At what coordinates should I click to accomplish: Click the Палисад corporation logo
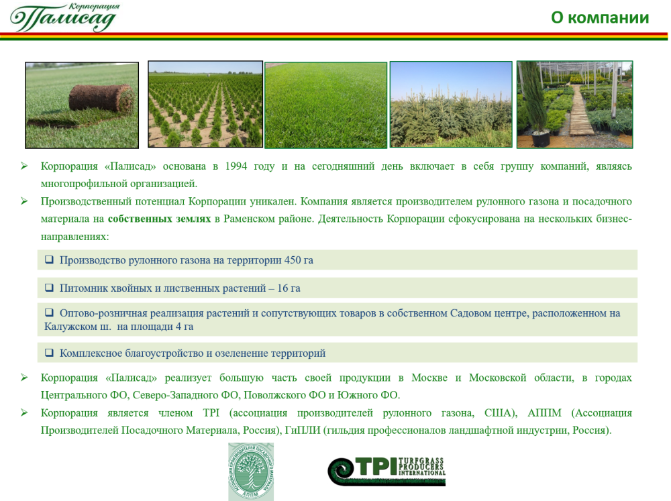(64, 17)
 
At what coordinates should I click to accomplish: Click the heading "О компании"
(599, 17)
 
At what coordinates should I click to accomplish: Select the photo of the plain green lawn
(325, 105)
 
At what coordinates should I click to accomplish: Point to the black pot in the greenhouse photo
(540, 137)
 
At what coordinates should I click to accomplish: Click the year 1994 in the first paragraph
(236, 166)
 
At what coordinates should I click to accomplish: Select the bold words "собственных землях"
(159, 219)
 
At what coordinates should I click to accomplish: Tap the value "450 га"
(299, 260)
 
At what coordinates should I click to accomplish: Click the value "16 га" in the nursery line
(289, 288)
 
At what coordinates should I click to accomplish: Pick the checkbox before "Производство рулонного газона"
(49, 260)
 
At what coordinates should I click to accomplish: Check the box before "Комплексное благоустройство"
(49, 353)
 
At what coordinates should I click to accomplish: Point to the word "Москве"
(429, 378)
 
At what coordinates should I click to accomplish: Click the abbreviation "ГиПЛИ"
(303, 430)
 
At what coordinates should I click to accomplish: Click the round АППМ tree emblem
(251, 471)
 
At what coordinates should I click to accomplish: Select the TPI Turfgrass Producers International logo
(387, 471)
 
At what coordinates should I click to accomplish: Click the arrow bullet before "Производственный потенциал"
(24, 201)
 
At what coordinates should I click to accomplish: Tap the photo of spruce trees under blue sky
(451, 105)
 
